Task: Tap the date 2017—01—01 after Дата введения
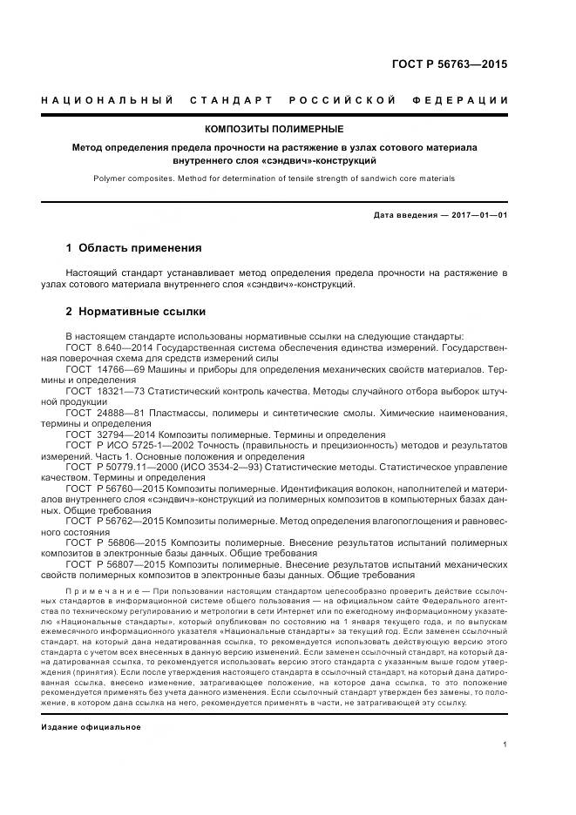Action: pyautogui.click(x=478, y=215)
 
